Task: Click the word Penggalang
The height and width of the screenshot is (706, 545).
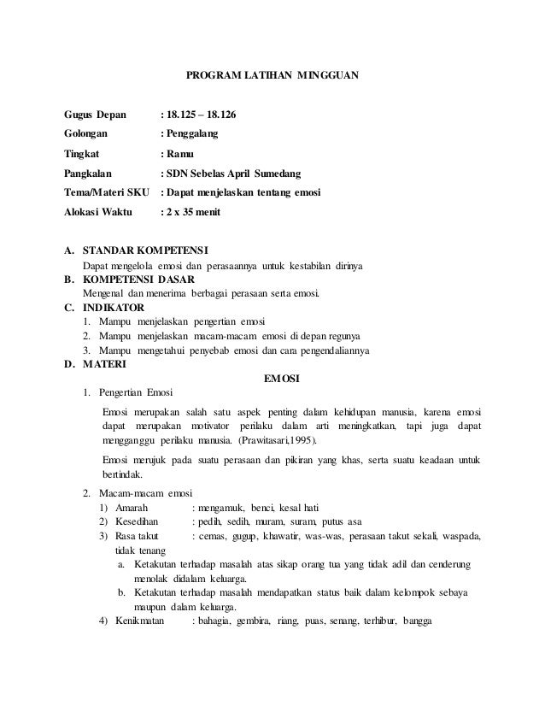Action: (x=192, y=134)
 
